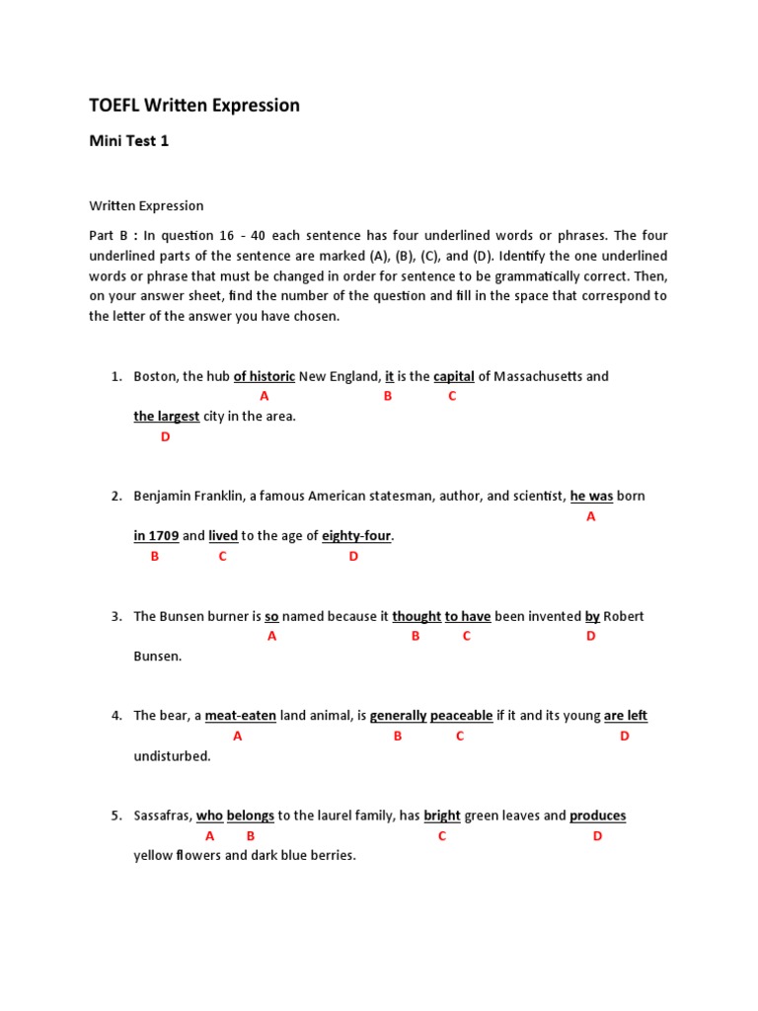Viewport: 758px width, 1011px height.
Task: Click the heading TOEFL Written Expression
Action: click(194, 105)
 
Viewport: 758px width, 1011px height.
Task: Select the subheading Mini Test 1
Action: click(129, 141)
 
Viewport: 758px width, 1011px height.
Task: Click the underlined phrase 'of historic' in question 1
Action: click(265, 376)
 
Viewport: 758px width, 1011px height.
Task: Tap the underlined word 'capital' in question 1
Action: click(454, 376)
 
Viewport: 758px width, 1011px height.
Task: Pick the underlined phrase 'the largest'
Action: click(167, 417)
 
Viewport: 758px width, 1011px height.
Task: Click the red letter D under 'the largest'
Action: click(165, 436)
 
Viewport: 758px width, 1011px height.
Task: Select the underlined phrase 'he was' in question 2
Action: click(591, 496)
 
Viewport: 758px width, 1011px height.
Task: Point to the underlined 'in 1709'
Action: click(156, 536)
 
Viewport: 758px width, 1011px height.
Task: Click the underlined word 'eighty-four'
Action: click(357, 536)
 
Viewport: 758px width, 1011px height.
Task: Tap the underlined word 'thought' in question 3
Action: click(417, 616)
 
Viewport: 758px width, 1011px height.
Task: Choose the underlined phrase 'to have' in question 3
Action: click(468, 616)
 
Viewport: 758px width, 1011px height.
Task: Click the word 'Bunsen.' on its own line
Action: click(158, 657)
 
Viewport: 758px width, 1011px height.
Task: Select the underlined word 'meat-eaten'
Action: click(240, 716)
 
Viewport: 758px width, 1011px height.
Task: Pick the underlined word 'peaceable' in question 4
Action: click(461, 716)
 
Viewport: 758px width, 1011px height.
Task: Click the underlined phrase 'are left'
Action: click(626, 716)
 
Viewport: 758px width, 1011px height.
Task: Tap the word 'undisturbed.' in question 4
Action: click(172, 756)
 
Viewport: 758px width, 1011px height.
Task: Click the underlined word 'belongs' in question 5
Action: click(251, 816)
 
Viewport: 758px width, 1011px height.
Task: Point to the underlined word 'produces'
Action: click(598, 816)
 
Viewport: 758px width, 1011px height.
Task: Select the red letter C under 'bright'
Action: click(442, 836)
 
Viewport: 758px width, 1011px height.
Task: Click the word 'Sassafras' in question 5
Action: click(162, 816)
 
